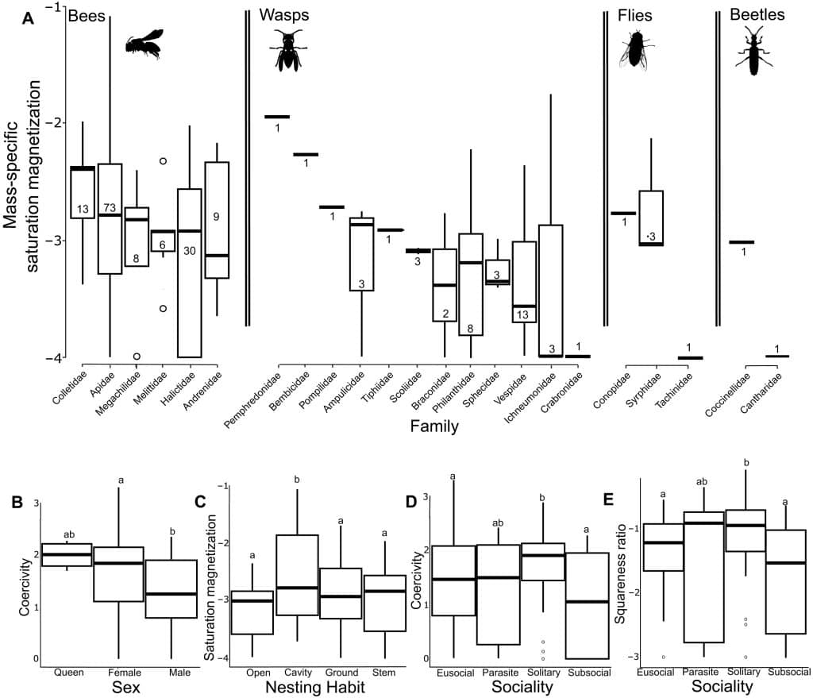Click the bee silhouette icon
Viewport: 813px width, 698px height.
144,44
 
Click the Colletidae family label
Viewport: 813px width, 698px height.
70,387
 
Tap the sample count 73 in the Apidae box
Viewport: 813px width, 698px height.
109,208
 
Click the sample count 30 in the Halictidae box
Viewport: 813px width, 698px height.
189,251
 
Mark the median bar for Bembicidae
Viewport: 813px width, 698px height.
306,155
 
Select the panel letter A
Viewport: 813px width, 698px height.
28,19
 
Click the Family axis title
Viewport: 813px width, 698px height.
434,426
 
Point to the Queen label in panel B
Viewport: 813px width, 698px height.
68,673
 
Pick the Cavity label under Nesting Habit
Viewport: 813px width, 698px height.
299,673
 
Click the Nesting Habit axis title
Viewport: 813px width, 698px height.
314,688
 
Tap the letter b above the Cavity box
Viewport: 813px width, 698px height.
297,480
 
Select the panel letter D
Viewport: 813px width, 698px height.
412,502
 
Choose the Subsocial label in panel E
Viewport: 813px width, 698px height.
789,672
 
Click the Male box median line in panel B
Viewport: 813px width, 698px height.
171,594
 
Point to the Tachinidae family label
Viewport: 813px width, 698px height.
672,390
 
